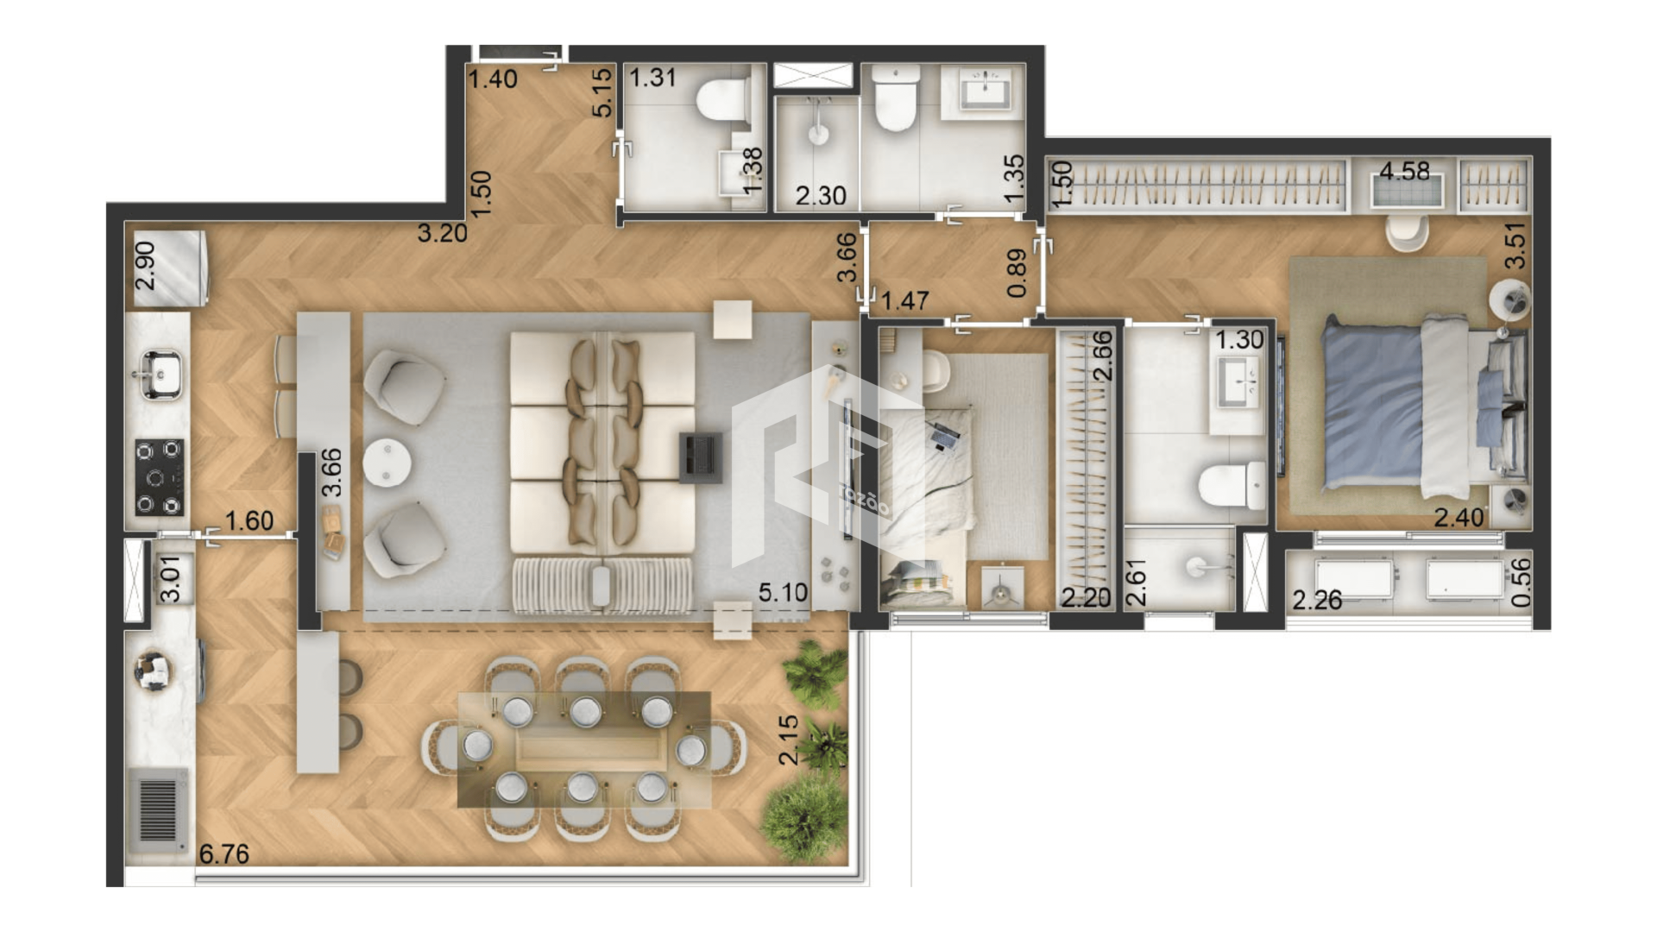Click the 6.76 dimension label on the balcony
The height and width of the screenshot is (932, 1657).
click(224, 853)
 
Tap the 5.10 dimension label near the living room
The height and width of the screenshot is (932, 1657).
click(783, 593)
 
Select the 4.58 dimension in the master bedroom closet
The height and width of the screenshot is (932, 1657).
click(1404, 171)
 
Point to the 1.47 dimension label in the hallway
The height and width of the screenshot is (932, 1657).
click(904, 300)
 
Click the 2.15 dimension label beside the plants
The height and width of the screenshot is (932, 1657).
click(789, 740)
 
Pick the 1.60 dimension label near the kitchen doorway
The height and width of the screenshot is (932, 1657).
click(249, 520)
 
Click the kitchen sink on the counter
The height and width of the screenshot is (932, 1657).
click(160, 374)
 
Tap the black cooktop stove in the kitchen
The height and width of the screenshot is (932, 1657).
click(160, 477)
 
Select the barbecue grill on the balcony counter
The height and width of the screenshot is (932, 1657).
click(158, 810)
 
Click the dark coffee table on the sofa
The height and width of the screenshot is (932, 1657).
click(700, 457)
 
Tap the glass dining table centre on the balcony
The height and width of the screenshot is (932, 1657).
click(584, 749)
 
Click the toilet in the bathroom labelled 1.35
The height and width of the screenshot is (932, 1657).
click(895, 99)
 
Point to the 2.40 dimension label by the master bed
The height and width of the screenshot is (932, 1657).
click(1459, 517)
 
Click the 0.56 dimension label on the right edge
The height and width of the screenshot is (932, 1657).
click(1522, 582)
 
